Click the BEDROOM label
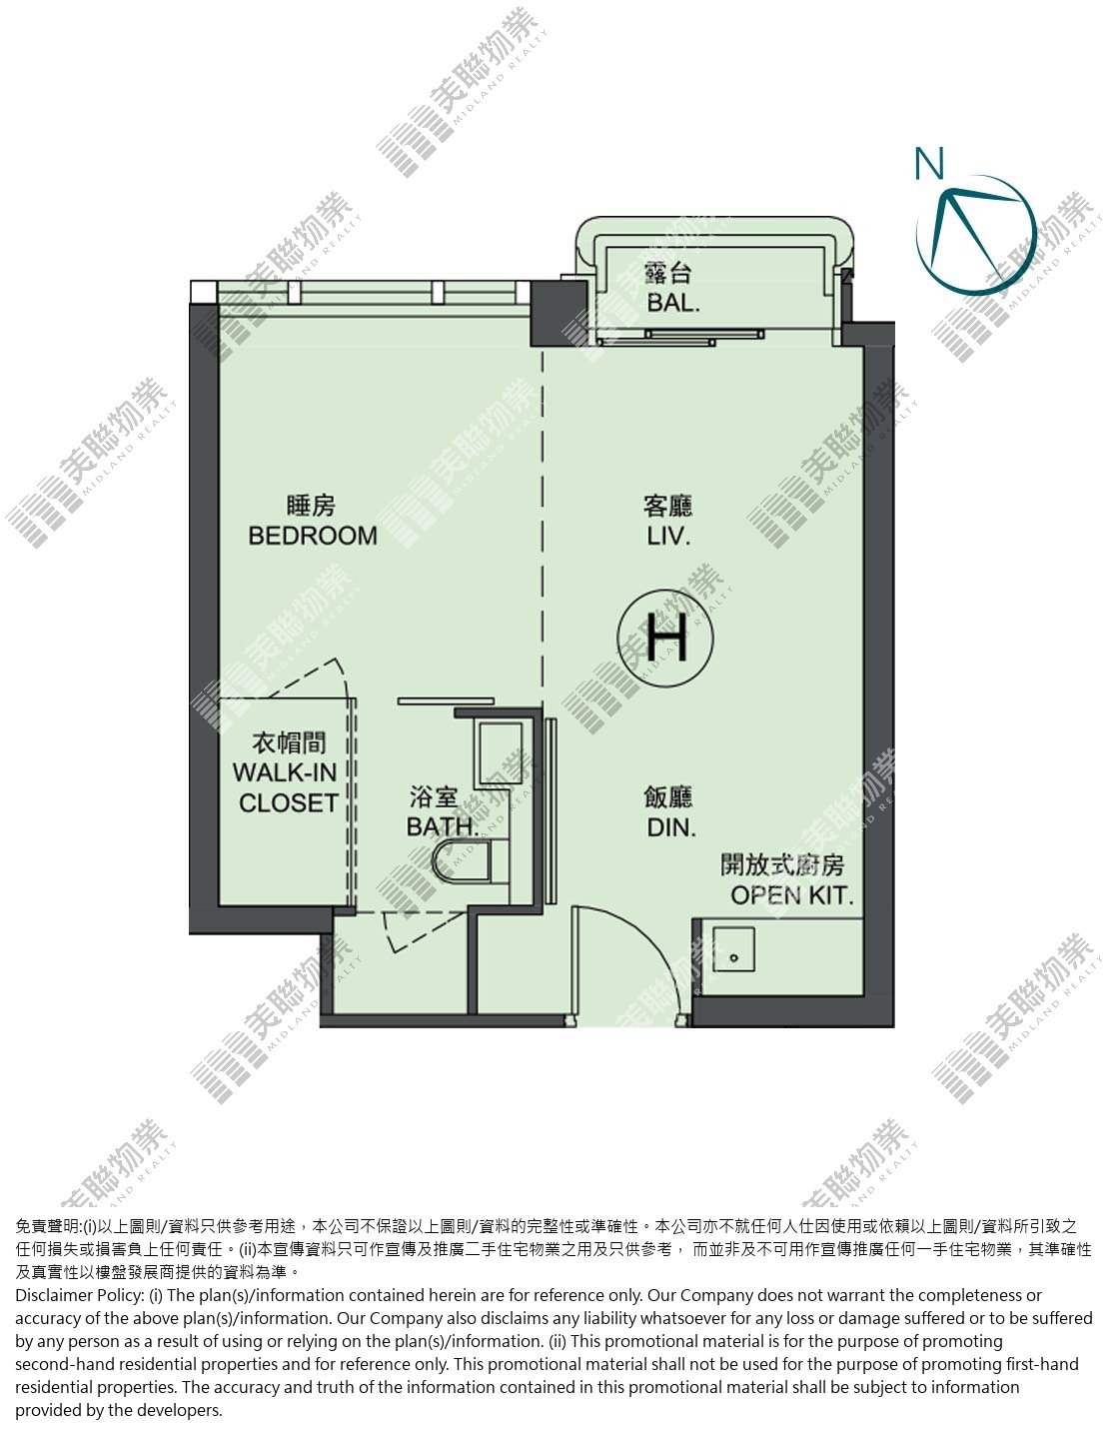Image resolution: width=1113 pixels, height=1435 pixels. point(313,535)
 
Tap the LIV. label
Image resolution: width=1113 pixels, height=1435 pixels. point(668,536)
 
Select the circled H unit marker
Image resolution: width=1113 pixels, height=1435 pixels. point(665,638)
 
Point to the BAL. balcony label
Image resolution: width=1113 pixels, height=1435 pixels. point(672,303)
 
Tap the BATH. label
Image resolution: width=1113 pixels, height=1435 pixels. point(441,826)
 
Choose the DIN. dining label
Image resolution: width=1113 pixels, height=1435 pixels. point(671,826)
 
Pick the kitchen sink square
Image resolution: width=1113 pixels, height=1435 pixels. point(733,949)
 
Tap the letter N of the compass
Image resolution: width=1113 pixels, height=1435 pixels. point(929,163)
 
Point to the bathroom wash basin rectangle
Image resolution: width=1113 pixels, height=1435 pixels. point(499,752)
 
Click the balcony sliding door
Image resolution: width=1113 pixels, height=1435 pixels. point(680,337)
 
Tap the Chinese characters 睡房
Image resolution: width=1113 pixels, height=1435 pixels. point(311,506)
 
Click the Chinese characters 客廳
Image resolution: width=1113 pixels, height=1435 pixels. point(667,506)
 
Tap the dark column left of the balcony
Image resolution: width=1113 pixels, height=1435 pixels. point(559,314)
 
